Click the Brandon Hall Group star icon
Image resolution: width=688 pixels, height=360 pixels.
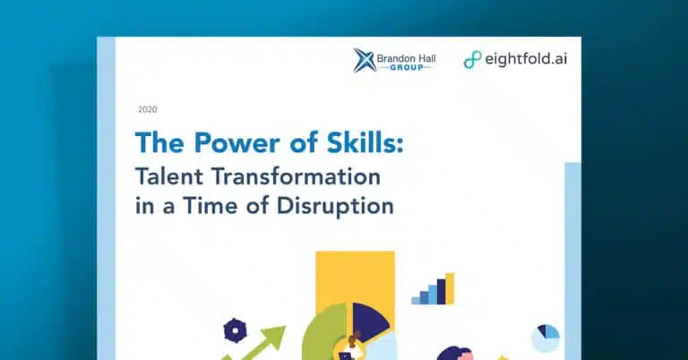click(x=365, y=60)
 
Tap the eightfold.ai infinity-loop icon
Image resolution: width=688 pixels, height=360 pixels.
click(x=473, y=60)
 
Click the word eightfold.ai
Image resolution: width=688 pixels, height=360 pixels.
click(x=526, y=59)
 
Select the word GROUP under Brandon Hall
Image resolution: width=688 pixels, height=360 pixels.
click(x=407, y=67)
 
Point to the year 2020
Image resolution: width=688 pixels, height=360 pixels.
click(x=148, y=109)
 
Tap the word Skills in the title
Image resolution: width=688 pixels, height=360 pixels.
click(x=365, y=142)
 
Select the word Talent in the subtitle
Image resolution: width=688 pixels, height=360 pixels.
click(x=170, y=176)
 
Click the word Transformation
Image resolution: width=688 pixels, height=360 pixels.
click(x=297, y=176)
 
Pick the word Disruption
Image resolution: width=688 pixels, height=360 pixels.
click(x=335, y=207)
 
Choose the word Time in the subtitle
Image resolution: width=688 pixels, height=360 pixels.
click(x=211, y=206)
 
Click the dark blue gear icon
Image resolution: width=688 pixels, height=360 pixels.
click(x=236, y=330)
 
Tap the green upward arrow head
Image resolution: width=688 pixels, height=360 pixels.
click(x=274, y=337)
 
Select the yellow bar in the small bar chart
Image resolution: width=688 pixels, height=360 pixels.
click(x=450, y=288)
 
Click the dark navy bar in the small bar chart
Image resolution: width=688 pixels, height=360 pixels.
click(x=441, y=292)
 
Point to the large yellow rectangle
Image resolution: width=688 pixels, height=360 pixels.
click(x=355, y=276)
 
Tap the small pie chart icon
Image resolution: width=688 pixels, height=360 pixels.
click(x=546, y=339)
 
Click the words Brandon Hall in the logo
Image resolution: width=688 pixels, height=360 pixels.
click(x=406, y=58)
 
